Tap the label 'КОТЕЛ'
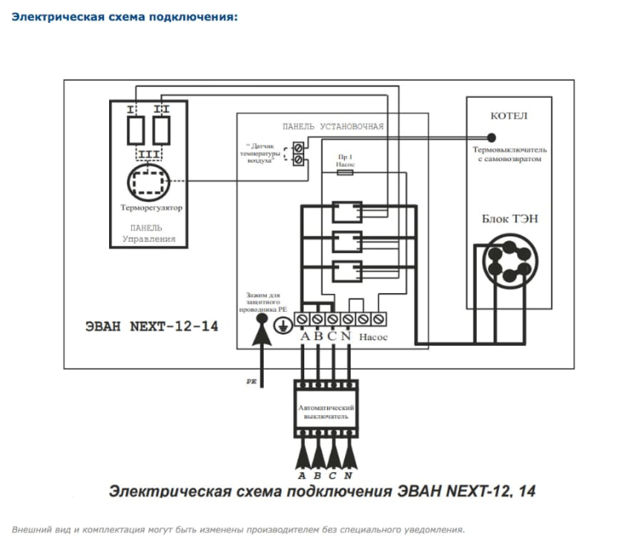coord(509,116)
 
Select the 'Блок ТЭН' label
coord(509,218)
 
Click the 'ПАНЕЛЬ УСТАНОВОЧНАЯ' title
coord(333,127)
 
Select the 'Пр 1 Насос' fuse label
coord(345,160)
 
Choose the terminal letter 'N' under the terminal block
coord(347,336)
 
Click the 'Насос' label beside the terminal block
coord(374,336)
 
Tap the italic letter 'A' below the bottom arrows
coord(302,475)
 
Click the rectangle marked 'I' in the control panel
coord(137,128)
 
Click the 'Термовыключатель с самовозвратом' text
coord(509,155)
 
